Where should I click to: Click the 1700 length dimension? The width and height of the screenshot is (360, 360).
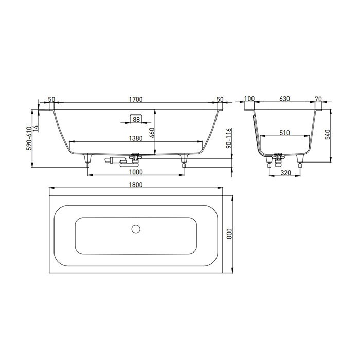[x=136, y=99]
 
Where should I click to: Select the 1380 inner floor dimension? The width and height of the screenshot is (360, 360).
[x=136, y=138]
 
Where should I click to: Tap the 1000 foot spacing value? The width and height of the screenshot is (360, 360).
[x=136, y=172]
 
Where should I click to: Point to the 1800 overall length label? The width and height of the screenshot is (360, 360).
[x=136, y=184]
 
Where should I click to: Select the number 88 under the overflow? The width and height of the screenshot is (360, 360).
[x=136, y=119]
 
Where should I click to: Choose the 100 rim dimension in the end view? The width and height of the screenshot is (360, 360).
[x=250, y=99]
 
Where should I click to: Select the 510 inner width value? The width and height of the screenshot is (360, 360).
[x=285, y=133]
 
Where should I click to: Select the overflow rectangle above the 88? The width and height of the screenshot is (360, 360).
[x=136, y=113]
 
